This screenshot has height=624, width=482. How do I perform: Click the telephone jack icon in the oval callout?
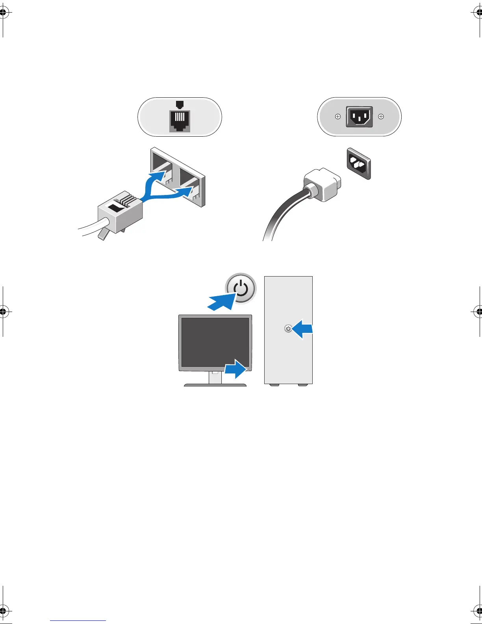tap(180, 121)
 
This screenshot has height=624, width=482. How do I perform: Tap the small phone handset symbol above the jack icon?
tap(180, 104)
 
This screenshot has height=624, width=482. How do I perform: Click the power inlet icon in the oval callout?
tap(359, 117)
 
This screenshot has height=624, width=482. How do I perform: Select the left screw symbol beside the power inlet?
tap(337, 117)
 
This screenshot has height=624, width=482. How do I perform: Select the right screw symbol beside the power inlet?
tap(381, 117)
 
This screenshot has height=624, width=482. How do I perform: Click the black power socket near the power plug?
tap(359, 163)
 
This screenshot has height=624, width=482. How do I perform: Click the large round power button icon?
tap(241, 289)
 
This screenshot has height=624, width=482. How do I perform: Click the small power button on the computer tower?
tap(288, 328)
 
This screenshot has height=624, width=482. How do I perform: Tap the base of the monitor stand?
tap(215, 384)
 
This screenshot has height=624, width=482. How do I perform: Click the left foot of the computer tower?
tap(274, 385)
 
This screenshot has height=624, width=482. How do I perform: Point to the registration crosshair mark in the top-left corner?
tap(3, 13)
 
